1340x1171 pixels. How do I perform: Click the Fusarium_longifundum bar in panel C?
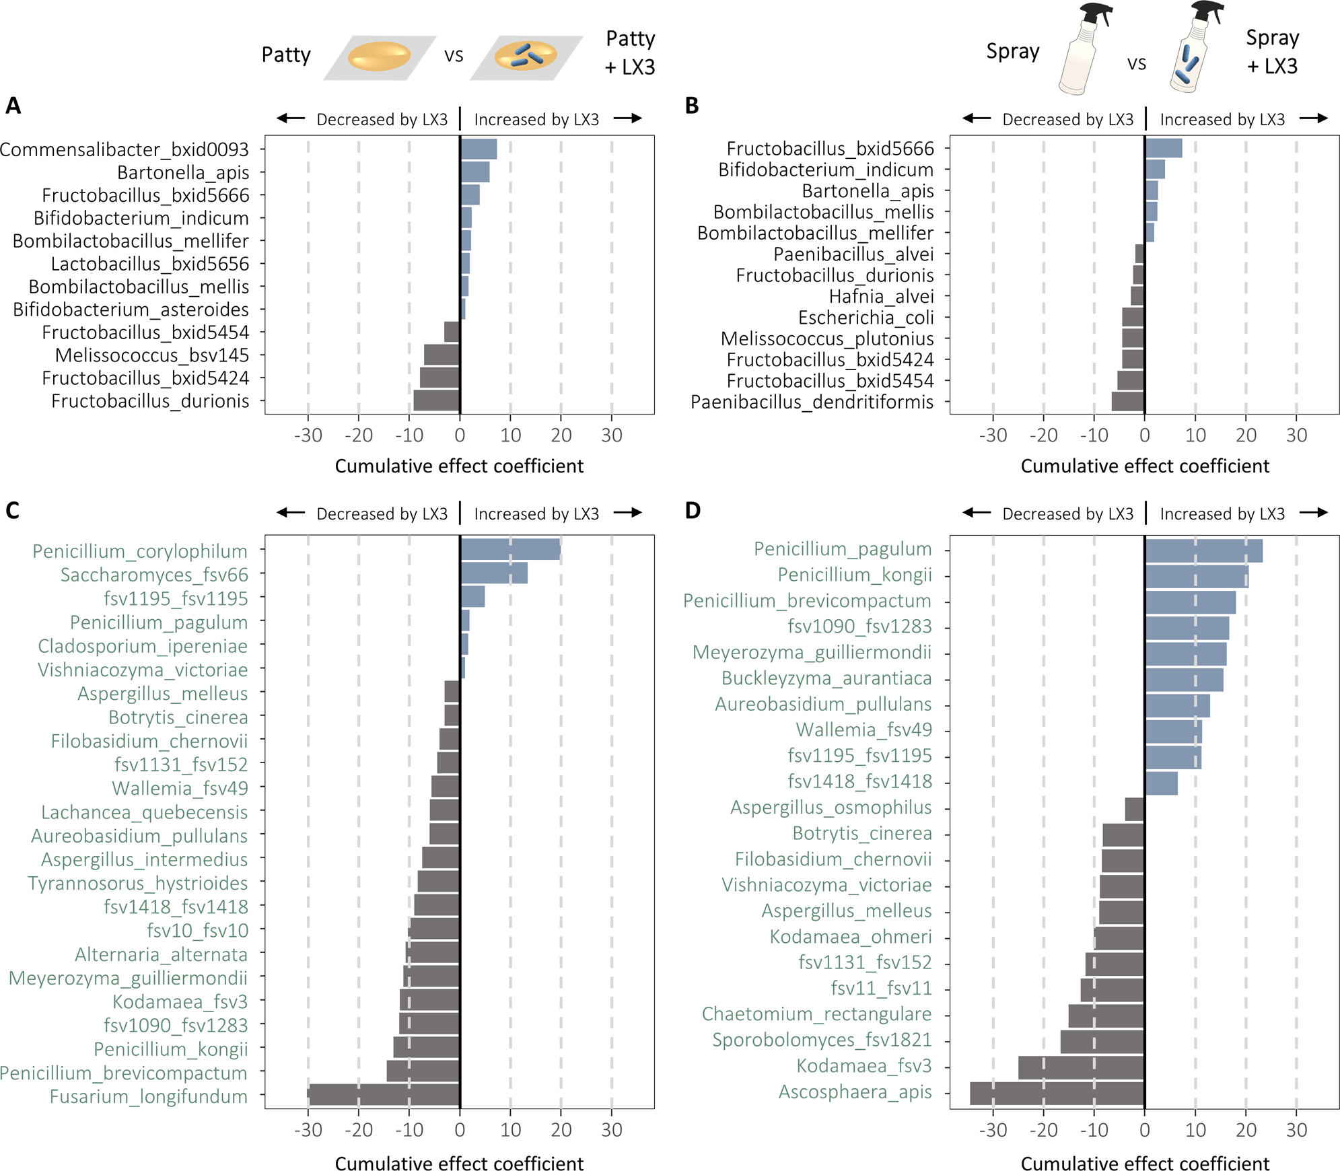coord(384,1094)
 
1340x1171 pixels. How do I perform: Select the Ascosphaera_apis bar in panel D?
coord(1057,1093)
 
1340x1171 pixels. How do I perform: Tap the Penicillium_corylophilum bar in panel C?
coord(510,549)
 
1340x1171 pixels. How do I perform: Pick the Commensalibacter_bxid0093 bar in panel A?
coord(479,149)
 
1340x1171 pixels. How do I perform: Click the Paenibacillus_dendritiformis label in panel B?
coord(812,402)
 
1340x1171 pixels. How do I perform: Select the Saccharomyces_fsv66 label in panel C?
coord(154,575)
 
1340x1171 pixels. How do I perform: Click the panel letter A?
coord(13,106)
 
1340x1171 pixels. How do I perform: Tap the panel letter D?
coord(693,511)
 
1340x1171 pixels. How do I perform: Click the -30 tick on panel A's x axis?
coord(308,435)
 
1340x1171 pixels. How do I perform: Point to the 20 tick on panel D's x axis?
coord(1246,1130)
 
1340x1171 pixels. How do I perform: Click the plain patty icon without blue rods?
coord(379,57)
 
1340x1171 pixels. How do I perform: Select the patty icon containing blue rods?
coord(526,57)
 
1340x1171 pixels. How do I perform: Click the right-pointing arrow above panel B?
coord(1313,118)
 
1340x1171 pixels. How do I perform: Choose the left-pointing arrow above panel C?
coord(291,513)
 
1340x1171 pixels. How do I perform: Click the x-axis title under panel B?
coord(1144,466)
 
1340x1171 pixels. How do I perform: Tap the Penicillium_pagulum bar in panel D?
coord(1203,551)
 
